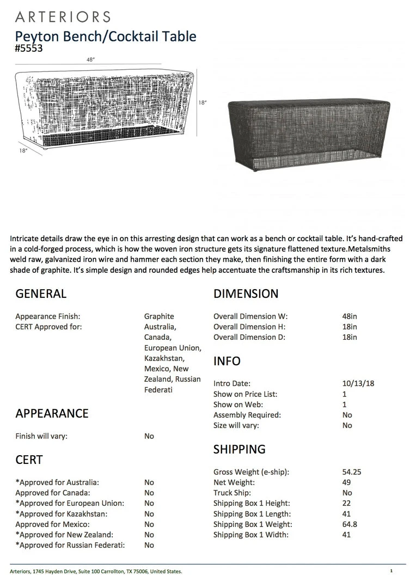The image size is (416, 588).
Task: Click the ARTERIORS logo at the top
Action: click(63, 17)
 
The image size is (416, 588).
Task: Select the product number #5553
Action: click(29, 48)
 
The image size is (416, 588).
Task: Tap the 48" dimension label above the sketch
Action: click(90, 60)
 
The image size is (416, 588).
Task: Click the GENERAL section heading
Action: click(41, 294)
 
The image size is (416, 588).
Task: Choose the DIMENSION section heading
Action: click(246, 294)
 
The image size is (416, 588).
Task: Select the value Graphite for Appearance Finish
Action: click(159, 316)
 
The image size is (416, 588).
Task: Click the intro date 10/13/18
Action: click(354, 383)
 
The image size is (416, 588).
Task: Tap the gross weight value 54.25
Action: click(352, 472)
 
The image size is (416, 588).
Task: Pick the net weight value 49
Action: click(346, 482)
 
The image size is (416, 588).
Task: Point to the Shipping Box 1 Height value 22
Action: click(346, 503)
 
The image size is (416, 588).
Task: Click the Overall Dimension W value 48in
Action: click(350, 316)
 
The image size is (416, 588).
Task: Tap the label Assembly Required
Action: click(247, 415)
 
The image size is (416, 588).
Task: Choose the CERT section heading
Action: click(29, 460)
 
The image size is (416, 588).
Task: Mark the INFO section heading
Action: click(227, 362)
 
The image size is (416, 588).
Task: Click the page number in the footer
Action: click(391, 571)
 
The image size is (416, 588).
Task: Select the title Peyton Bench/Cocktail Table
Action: click(106, 36)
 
